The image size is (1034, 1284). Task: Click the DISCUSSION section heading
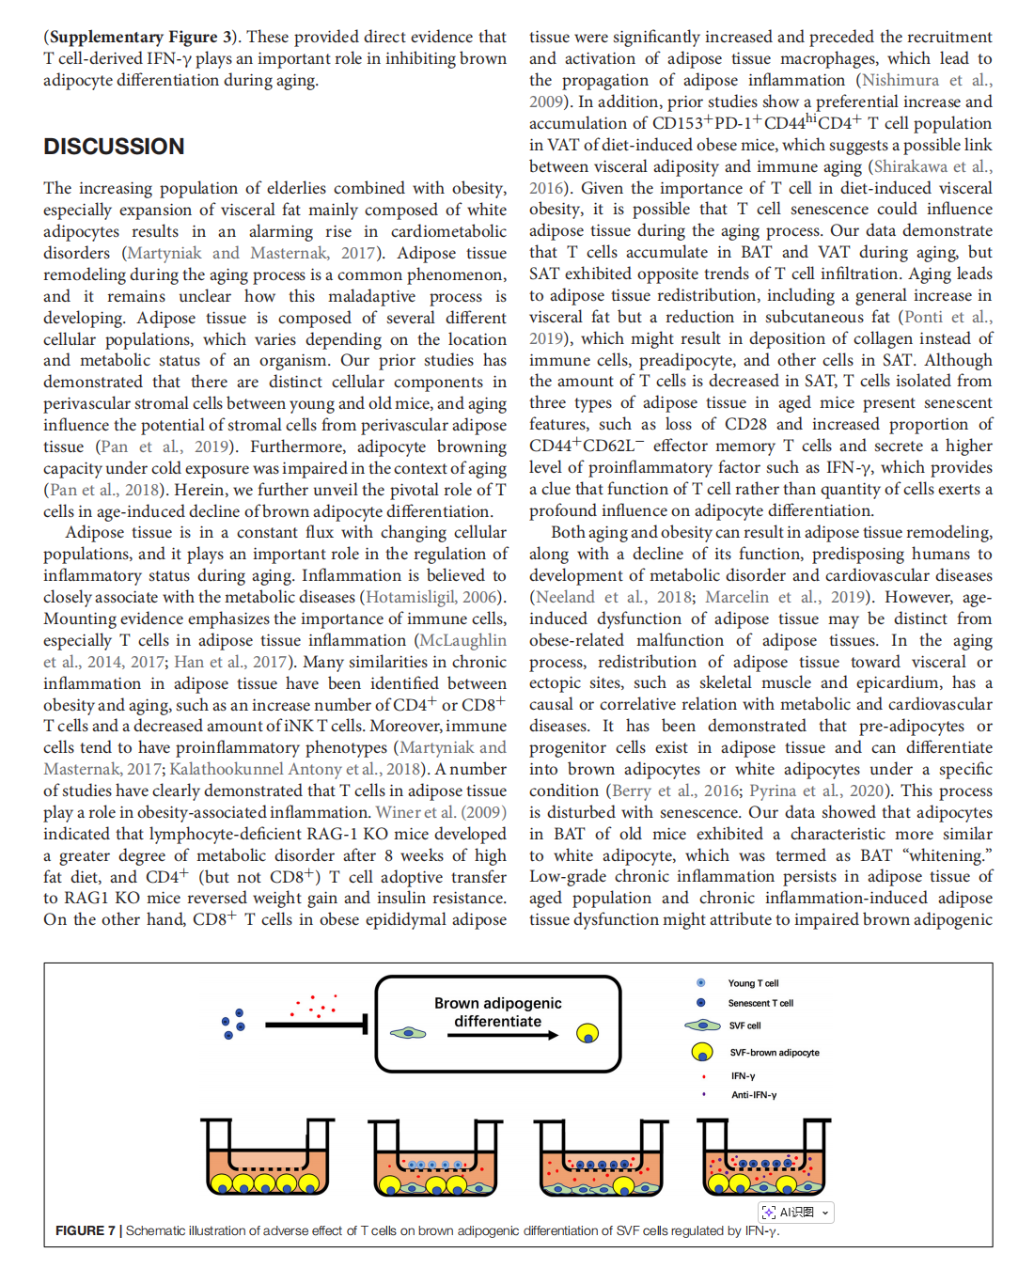[114, 147]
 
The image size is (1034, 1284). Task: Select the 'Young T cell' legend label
[753, 983]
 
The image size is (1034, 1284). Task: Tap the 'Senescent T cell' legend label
[760, 1003]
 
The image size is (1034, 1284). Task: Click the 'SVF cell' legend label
[744, 1026]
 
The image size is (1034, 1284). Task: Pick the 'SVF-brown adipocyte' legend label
[775, 1053]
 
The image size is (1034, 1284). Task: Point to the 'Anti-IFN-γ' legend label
[754, 1095]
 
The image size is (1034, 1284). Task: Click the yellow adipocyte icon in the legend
[701, 1052]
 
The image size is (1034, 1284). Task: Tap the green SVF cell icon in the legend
[702, 1026]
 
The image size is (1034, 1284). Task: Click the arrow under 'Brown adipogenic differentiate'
[502, 1035]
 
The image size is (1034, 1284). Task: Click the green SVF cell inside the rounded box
[408, 1033]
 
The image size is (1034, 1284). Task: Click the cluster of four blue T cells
[233, 1024]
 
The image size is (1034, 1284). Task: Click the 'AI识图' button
[796, 1213]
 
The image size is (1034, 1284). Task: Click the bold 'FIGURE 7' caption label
[86, 1230]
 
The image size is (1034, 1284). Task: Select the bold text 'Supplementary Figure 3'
[141, 38]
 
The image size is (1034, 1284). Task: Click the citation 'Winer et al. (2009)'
[441, 812]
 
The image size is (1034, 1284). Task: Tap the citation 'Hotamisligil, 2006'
[432, 597]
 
